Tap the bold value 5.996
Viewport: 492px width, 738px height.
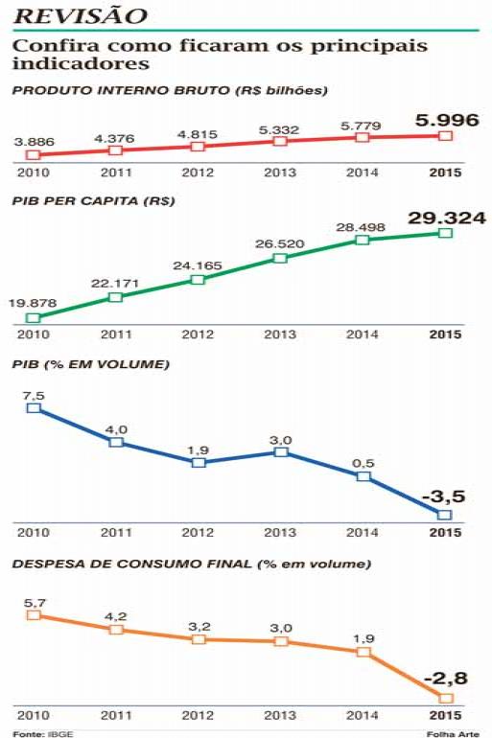[447, 120]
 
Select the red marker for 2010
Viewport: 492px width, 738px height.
[33, 155]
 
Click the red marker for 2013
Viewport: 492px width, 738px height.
[280, 141]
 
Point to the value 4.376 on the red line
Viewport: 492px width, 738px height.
[114, 138]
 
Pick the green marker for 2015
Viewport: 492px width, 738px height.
[445, 233]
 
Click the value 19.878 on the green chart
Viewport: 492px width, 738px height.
[32, 303]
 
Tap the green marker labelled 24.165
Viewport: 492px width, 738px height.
[199, 280]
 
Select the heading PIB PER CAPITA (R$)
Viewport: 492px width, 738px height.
[93, 201]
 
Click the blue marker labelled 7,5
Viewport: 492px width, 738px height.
[34, 407]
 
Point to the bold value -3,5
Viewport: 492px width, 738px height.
[443, 496]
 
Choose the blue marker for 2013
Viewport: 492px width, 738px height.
[281, 452]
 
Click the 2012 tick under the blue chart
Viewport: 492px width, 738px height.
[198, 532]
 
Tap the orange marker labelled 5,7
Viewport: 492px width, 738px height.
[34, 615]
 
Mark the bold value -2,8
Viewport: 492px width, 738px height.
[445, 679]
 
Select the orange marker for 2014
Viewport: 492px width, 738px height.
[363, 652]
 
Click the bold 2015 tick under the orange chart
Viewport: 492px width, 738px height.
[445, 715]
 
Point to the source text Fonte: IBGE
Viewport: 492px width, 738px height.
[43, 734]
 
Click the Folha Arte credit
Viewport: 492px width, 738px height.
[453, 734]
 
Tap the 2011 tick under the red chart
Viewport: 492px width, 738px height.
[116, 173]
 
